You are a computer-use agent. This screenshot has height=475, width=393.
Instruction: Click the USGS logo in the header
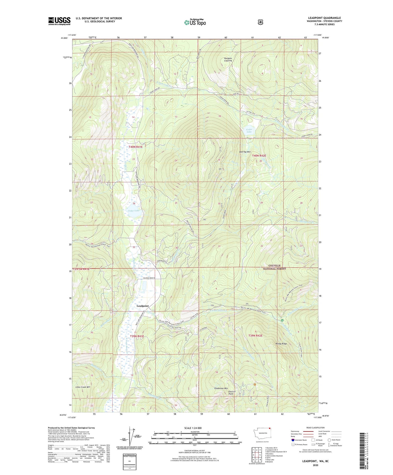59,21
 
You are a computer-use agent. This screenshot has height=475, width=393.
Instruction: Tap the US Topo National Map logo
195,22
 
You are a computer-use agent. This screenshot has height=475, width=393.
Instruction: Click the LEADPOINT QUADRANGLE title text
325,18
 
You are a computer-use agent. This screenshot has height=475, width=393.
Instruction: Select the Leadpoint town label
143,306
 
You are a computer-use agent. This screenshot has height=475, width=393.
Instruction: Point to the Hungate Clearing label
228,59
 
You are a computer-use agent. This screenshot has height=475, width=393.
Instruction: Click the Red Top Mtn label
245,152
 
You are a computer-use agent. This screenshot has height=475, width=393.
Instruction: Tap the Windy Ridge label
281,344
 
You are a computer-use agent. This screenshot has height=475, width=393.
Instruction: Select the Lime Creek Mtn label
83,387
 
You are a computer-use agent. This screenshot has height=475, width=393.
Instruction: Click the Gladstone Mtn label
221,388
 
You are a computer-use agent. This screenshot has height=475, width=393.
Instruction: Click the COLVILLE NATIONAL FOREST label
274,267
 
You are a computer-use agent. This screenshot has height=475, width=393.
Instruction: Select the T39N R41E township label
137,336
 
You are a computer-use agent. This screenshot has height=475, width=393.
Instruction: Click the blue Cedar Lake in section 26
134,213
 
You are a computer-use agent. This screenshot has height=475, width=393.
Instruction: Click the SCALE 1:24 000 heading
193,428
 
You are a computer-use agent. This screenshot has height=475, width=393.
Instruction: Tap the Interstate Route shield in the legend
293,440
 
